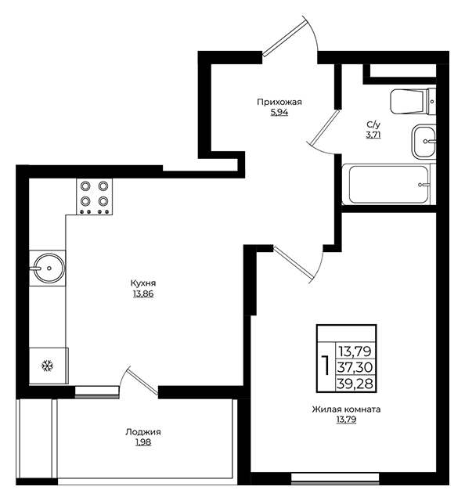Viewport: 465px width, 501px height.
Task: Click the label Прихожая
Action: click(279, 103)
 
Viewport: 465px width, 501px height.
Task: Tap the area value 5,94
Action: click(279, 113)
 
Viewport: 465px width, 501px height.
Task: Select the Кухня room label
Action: click(143, 283)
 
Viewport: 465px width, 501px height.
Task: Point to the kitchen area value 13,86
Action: click(143, 294)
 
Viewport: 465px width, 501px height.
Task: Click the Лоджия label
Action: click(142, 432)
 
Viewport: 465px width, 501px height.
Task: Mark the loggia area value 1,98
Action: click(143, 442)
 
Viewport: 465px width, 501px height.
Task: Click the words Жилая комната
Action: click(346, 409)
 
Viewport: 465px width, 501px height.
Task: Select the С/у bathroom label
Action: click(373, 124)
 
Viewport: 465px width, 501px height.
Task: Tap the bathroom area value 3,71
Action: click(373, 135)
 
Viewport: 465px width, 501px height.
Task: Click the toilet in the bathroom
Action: click(413, 101)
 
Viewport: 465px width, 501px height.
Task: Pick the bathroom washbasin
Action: click(424, 141)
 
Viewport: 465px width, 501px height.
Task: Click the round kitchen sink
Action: click(49, 268)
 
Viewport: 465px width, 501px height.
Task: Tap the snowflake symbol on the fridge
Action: click(48, 366)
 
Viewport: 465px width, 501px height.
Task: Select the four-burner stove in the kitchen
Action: click(94, 196)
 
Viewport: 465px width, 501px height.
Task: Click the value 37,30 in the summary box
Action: click(355, 367)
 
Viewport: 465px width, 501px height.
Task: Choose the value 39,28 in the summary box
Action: click(355, 384)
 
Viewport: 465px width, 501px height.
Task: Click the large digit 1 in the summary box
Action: click(326, 366)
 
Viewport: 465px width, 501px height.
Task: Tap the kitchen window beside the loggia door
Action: click(97, 391)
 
